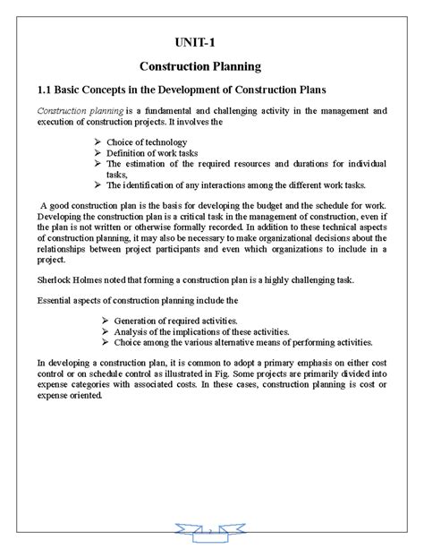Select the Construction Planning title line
pos(199,65)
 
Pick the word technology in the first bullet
pos(165,142)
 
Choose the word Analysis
pos(125,330)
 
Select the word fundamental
pos(174,111)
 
